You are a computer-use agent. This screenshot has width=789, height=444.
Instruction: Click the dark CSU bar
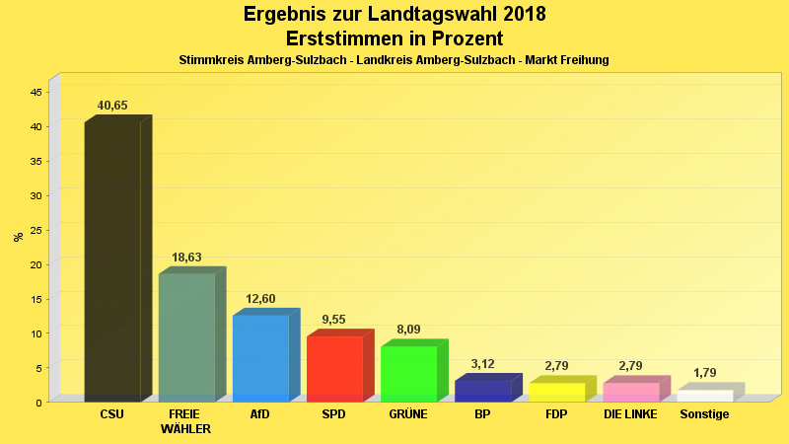pyautogui.click(x=112, y=261)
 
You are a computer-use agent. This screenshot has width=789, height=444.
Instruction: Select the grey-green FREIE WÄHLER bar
pyautogui.click(x=186, y=337)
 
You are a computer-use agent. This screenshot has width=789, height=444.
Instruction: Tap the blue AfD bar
pyautogui.click(x=260, y=358)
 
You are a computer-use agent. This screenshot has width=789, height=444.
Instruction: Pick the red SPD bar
pyautogui.click(x=334, y=369)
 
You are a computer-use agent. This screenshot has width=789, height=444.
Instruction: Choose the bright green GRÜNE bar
pyautogui.click(x=408, y=374)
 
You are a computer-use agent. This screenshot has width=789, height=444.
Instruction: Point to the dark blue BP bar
pyautogui.click(x=482, y=391)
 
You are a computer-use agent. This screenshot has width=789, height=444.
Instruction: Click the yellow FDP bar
pyautogui.click(x=556, y=392)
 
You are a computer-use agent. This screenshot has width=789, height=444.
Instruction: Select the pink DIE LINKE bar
pyautogui.click(x=630, y=392)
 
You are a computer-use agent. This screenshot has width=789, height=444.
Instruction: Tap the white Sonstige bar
pyautogui.click(x=704, y=396)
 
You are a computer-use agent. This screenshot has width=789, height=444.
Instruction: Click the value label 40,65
pyautogui.click(x=112, y=106)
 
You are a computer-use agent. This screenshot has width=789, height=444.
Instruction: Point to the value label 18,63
pyautogui.click(x=186, y=258)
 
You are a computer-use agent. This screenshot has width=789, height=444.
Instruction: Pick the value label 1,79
pyautogui.click(x=704, y=373)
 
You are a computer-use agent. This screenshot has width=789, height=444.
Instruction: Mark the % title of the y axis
pyautogui.click(x=18, y=237)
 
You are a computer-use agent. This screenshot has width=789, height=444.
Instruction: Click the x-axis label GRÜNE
pyautogui.click(x=408, y=414)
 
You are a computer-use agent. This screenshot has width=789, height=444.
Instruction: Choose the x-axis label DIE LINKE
pyautogui.click(x=630, y=414)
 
